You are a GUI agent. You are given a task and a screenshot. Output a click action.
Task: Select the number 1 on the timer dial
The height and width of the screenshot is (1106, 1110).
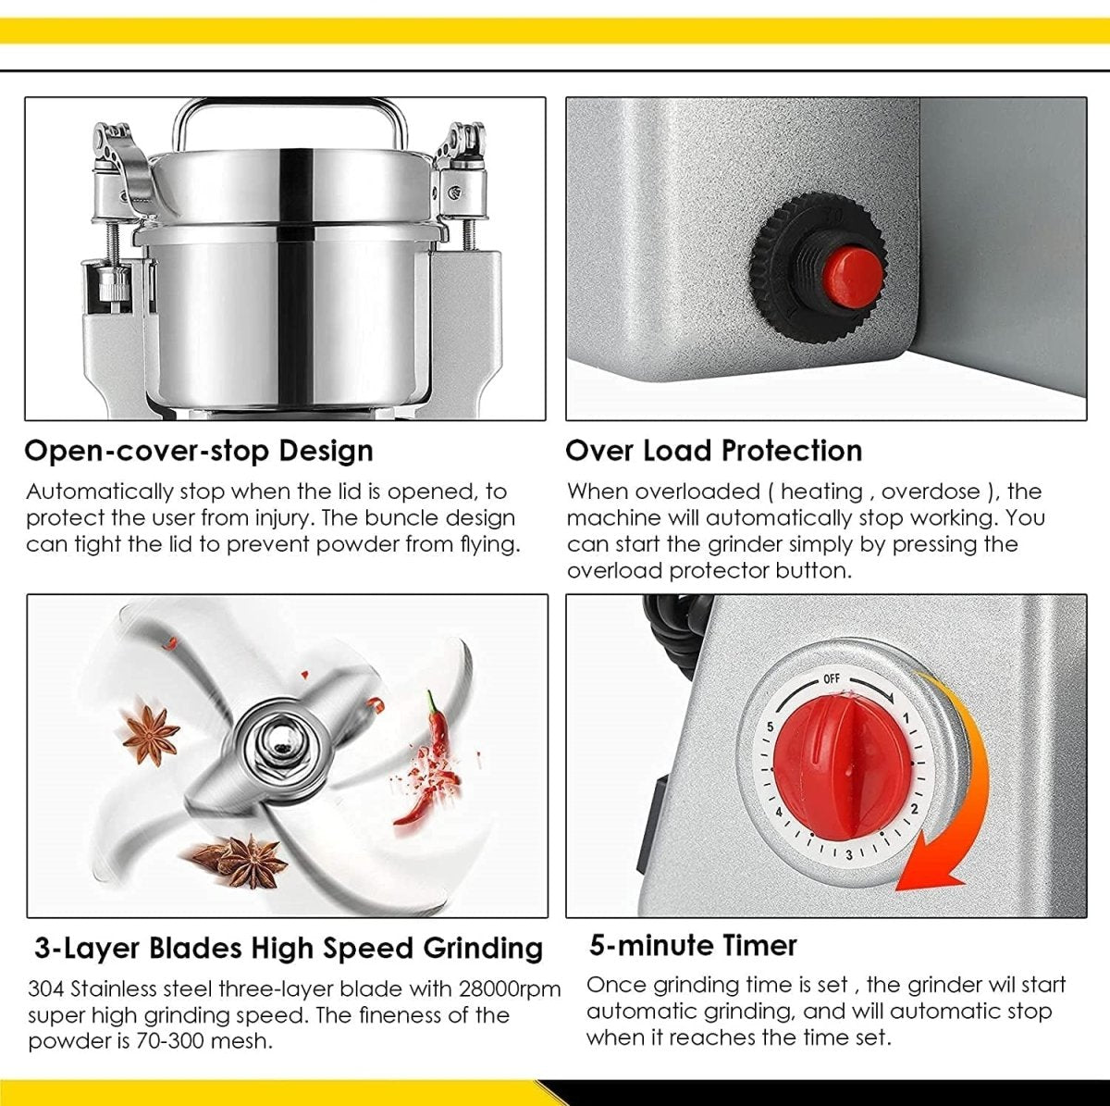pos(906,718)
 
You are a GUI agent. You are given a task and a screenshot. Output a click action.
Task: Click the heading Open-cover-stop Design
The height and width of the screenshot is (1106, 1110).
pos(199,451)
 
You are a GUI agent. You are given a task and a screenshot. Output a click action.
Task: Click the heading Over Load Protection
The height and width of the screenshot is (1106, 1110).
pos(713,451)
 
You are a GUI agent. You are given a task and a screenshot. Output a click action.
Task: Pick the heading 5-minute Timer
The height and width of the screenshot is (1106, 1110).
pos(693,945)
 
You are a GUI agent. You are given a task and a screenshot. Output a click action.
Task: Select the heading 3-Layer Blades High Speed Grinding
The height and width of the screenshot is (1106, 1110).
pos(289,948)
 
